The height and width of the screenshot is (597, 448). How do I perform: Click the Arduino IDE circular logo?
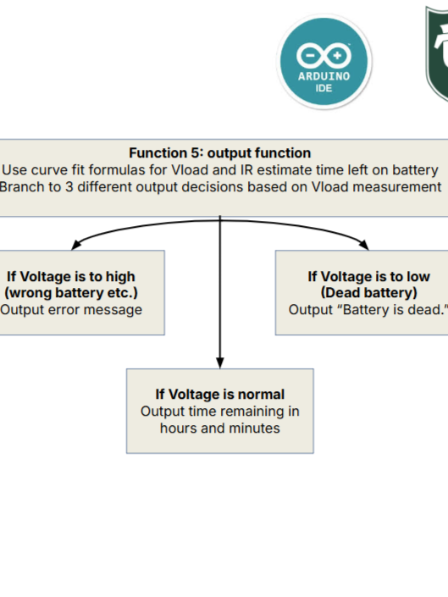pos(324,62)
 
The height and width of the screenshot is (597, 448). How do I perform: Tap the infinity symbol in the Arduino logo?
pos(324,56)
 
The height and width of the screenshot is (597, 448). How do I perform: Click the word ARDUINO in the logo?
pos(324,76)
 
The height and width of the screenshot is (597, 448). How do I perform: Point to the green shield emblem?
pos(437,53)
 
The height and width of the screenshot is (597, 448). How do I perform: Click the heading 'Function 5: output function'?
pos(220,153)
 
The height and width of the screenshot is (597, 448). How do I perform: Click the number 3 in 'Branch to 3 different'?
pos(69,187)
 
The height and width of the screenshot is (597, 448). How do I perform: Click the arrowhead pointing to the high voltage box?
pos(76,245)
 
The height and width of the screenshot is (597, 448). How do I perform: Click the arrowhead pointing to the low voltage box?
pos(364,245)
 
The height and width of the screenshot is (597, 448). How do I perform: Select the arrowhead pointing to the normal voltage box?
pos(220,362)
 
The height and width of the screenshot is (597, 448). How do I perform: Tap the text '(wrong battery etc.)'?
pos(71,293)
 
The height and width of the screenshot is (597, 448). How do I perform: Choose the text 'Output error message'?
pos(71,310)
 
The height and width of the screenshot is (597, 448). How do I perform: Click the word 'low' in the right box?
pos(418,276)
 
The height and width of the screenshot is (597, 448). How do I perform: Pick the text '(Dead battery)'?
pos(369,293)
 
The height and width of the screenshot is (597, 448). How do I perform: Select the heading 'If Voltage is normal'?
pos(220,395)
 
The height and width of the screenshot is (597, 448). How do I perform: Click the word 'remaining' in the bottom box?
pos(248,412)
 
